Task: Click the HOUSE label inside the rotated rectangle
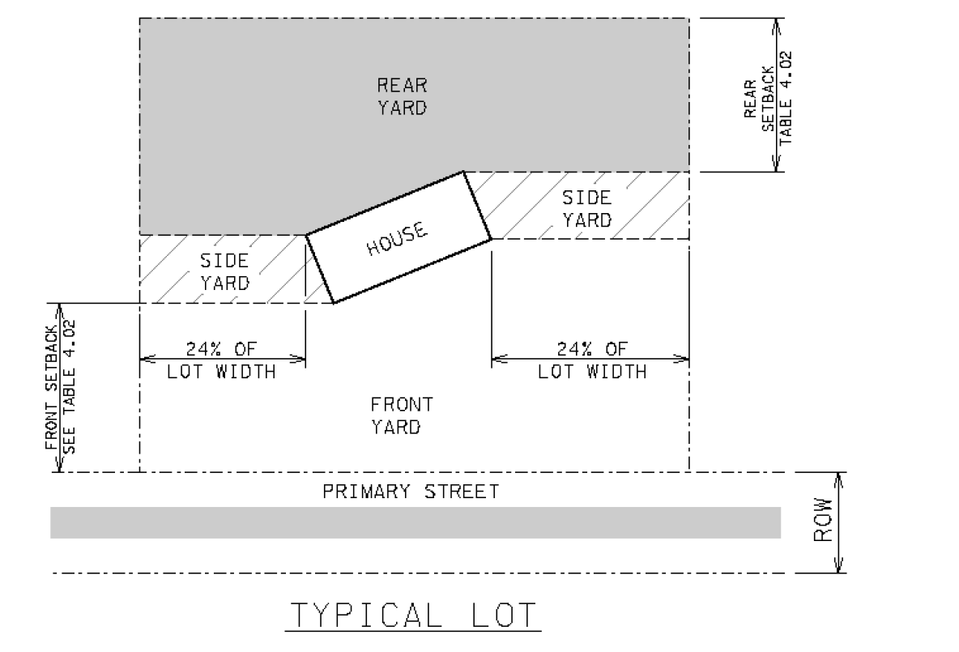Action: (398, 238)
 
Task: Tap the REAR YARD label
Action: (402, 96)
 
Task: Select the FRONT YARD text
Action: (402, 416)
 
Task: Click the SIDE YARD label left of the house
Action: (224, 272)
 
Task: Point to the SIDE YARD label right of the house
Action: (586, 209)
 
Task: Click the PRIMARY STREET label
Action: (411, 492)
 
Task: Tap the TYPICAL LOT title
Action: (413, 615)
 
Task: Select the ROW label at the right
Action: (823, 520)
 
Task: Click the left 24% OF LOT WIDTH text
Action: (221, 360)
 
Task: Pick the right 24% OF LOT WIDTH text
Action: (592, 360)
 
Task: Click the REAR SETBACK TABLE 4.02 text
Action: (768, 98)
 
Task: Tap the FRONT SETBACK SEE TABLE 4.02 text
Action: (61, 386)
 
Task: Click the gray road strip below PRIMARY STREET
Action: (416, 523)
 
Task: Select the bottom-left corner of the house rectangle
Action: (334, 303)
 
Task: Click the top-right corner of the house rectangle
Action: (463, 171)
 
